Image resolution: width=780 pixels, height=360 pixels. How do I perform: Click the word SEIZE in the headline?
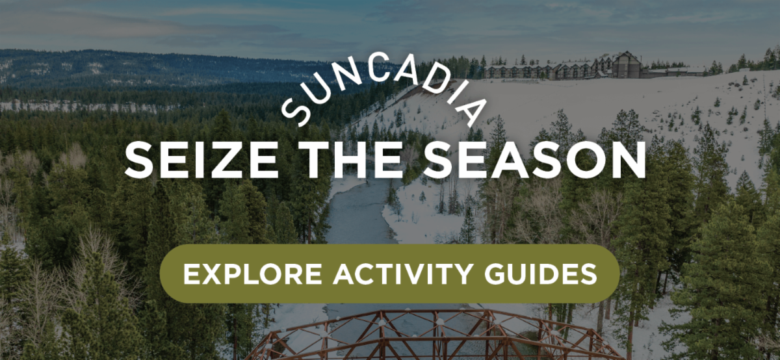click(x=201, y=160)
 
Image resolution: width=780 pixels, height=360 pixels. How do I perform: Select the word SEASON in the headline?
click(x=535, y=160)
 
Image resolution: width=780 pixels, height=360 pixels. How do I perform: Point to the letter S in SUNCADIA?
click(x=296, y=112)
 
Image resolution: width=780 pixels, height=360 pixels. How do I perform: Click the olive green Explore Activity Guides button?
click(x=390, y=274)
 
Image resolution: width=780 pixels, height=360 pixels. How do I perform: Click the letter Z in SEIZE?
click(x=229, y=160)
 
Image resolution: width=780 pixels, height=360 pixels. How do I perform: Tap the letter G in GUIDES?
click(x=495, y=274)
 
